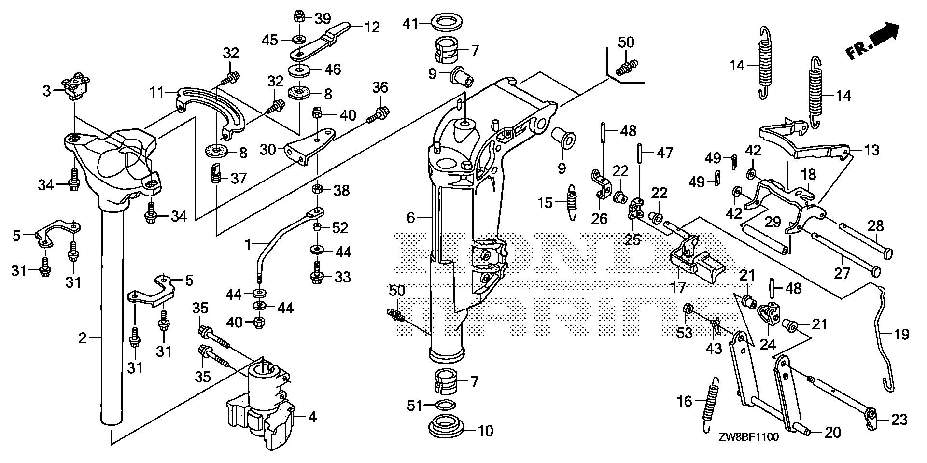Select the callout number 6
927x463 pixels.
pyautogui.click(x=410, y=218)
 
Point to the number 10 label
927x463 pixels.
pyautogui.click(x=485, y=430)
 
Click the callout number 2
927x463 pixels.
pyautogui.click(x=83, y=338)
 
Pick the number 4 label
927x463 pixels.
pyautogui.click(x=312, y=416)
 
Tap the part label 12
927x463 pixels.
pyautogui.click(x=372, y=27)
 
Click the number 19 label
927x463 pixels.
pyautogui.click(x=901, y=334)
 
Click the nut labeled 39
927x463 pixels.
pyautogui.click(x=298, y=18)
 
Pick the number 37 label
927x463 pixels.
pyautogui.click(x=239, y=179)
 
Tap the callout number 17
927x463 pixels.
pyautogui.click(x=678, y=288)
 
